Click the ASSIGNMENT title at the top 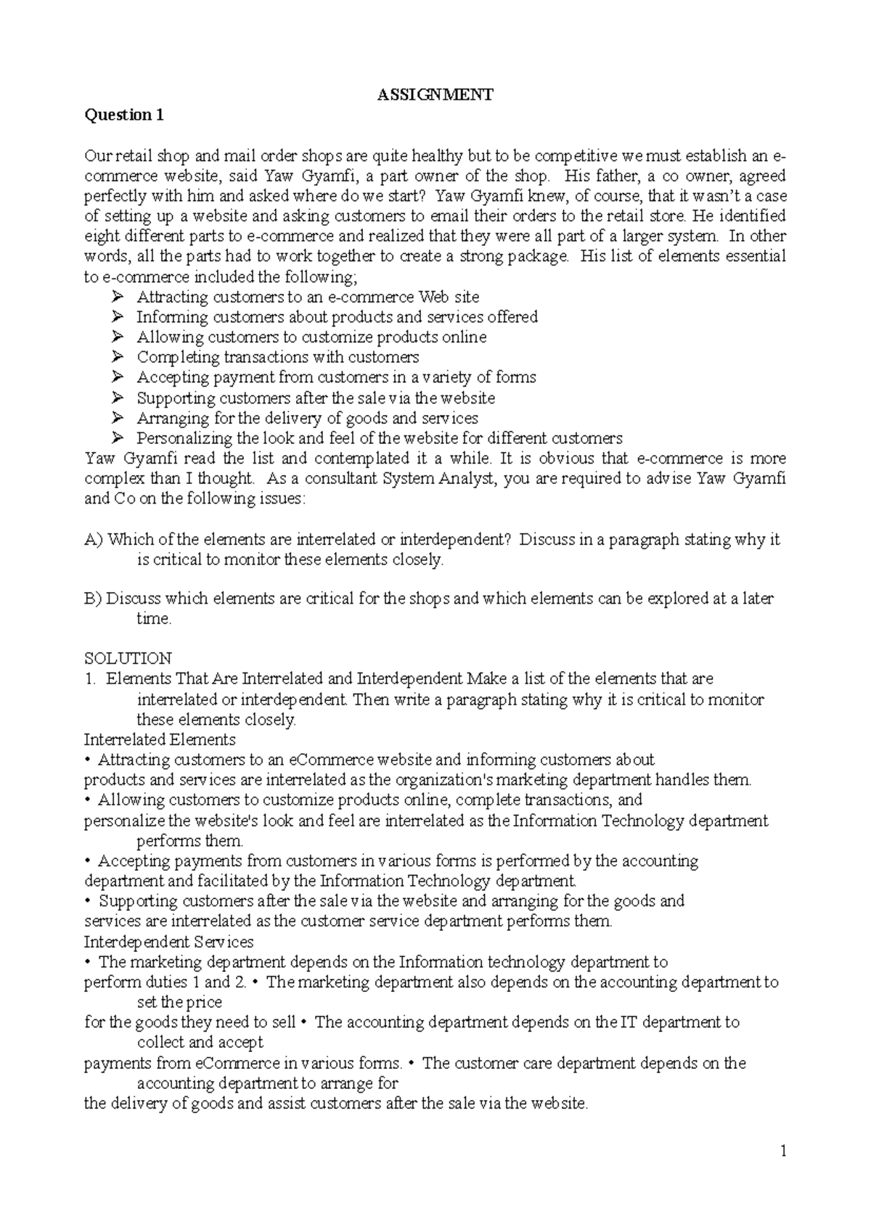435,94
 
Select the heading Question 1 124,115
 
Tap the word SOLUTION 128,658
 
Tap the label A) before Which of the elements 94,539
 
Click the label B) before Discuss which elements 94,599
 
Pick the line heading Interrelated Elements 160,739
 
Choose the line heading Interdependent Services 168,942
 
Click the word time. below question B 154,619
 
